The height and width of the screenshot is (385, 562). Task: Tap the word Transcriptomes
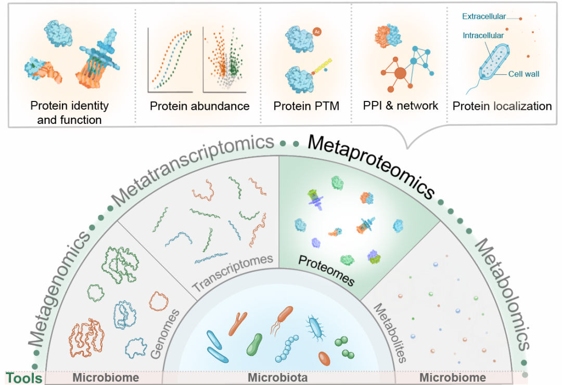(233, 273)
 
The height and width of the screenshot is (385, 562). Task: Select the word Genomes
(165, 333)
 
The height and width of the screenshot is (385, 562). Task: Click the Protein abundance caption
(199, 106)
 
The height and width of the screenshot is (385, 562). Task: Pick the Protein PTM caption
(306, 106)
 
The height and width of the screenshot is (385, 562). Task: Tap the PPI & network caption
(401, 106)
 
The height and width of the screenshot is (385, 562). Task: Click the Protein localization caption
(502, 106)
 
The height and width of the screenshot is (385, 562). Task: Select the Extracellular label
(483, 17)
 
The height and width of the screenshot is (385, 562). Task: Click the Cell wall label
(524, 74)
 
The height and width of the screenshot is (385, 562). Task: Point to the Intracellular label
(483, 35)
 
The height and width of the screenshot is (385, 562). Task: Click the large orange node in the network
(400, 73)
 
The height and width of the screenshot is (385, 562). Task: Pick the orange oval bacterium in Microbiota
(324, 358)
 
